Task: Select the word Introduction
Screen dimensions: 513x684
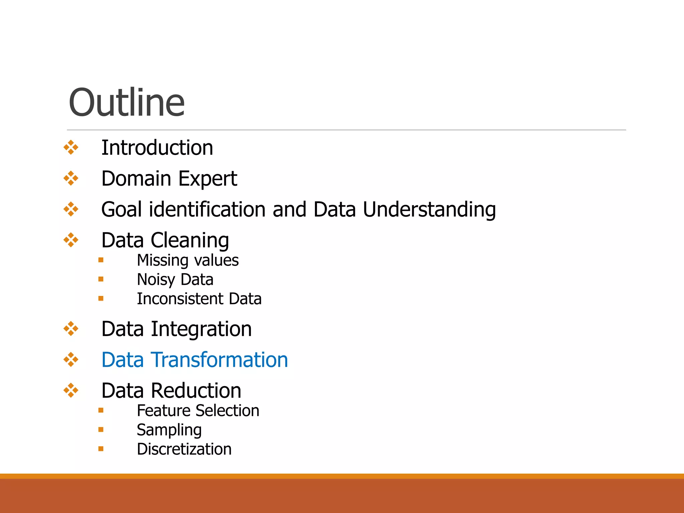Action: pos(157,148)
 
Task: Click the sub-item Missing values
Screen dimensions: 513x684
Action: pos(188,261)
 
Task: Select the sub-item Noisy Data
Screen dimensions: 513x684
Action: pos(175,280)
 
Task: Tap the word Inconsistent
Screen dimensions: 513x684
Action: pos(180,299)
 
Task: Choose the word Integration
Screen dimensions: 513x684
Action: pos(201,329)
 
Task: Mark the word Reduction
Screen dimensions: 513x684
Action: pos(196,391)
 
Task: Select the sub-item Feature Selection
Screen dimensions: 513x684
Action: pos(198,411)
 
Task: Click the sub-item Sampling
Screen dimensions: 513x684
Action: pos(169,430)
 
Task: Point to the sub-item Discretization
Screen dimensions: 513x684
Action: pos(184,449)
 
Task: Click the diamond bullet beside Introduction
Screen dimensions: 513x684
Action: pos(71,147)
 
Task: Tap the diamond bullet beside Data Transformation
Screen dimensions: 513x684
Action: pos(71,360)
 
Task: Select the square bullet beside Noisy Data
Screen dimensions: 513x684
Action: pos(101,279)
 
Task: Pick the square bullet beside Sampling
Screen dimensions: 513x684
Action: pos(101,430)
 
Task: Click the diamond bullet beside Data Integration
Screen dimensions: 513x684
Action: pos(71,329)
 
